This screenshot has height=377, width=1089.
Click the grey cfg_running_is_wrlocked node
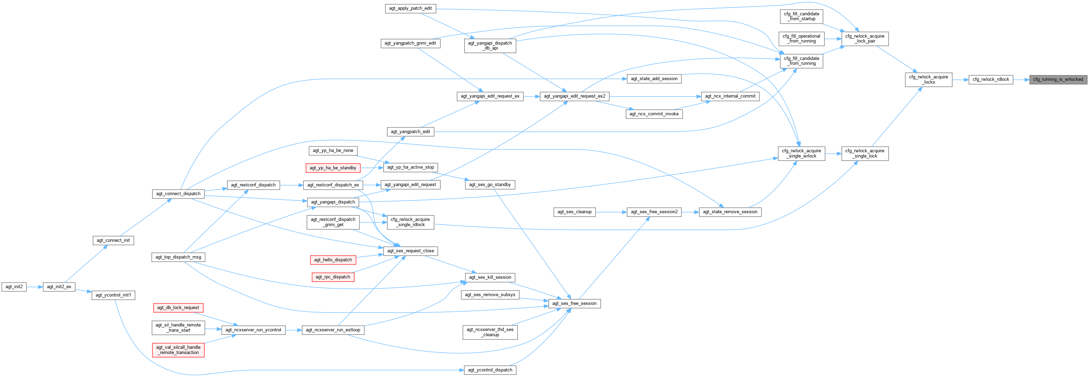(1058, 79)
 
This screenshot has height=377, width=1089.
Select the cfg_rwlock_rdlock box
(991, 79)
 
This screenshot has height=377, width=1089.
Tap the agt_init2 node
(14, 286)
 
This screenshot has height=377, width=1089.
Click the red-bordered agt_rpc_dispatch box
(333, 277)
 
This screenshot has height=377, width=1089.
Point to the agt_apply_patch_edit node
(410, 8)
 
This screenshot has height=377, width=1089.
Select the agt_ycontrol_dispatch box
(490, 369)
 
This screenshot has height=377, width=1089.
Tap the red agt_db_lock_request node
(178, 307)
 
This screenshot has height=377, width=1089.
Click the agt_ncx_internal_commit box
(730, 96)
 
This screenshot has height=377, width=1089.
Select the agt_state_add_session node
(654, 79)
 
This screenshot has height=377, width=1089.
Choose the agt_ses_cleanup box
(574, 211)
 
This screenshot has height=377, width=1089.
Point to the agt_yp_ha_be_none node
(333, 150)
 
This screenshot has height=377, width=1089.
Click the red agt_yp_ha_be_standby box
(333, 168)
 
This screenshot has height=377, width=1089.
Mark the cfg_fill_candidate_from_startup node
(801, 16)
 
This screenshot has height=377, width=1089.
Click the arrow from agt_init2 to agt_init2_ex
(35, 286)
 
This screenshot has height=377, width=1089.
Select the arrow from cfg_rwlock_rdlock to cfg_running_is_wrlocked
(1021, 79)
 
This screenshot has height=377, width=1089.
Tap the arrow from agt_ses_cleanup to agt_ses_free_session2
(611, 211)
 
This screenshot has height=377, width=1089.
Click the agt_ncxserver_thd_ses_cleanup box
(490, 332)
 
